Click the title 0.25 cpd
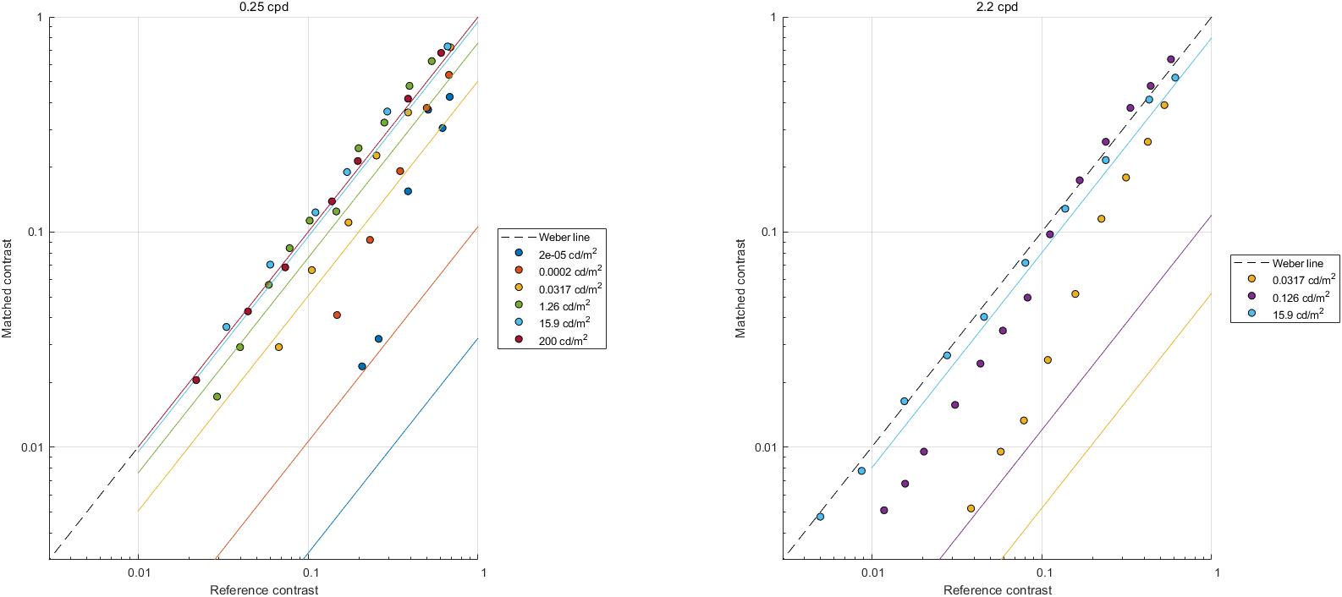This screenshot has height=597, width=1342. [x=264, y=7]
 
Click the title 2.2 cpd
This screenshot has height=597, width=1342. [x=998, y=7]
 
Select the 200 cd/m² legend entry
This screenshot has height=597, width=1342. [x=564, y=340]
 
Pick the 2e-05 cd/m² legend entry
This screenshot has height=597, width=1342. [x=567, y=254]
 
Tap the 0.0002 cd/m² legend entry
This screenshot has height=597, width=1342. [x=569, y=271]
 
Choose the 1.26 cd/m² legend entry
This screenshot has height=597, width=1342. [x=564, y=305]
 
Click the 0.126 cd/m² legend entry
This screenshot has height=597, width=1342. [x=1301, y=297]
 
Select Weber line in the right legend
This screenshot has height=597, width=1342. [x=1297, y=263]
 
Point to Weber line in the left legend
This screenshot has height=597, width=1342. [x=564, y=237]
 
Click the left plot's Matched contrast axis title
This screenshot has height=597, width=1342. [x=7, y=288]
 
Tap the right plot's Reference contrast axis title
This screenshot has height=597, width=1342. [x=998, y=590]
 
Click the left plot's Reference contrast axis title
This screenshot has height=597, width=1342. [x=264, y=590]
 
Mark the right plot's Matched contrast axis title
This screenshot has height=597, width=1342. [x=740, y=288]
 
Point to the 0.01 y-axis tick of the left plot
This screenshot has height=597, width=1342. [x=32, y=447]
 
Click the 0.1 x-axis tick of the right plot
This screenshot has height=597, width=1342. [x=1044, y=572]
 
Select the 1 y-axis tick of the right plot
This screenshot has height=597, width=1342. [x=773, y=18]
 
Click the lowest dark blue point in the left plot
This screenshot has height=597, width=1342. [x=362, y=366]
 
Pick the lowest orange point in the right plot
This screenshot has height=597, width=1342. [x=971, y=508]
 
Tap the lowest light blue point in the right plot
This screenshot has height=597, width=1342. [x=820, y=516]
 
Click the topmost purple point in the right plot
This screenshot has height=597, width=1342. [x=1171, y=59]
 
